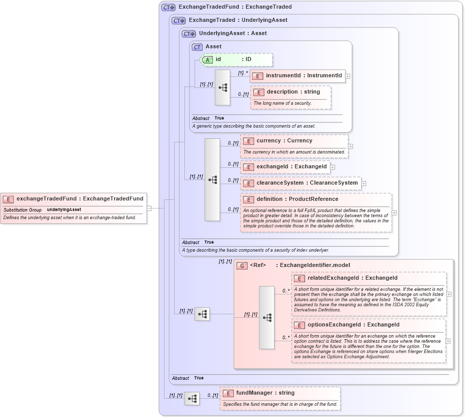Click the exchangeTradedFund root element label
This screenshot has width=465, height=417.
[79, 199]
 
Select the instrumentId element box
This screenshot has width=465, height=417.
[297, 76]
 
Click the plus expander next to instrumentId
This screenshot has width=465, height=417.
[348, 76]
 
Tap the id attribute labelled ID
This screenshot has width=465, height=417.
[237, 59]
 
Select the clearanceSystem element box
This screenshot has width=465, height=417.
[301, 183]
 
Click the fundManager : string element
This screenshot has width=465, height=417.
[265, 393]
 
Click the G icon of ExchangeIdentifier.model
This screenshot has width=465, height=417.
[242, 265]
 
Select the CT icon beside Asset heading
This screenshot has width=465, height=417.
[197, 47]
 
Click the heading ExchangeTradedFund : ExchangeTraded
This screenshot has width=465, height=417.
[235, 7]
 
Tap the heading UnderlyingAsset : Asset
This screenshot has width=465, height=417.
[233, 34]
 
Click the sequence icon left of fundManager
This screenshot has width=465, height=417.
[192, 399]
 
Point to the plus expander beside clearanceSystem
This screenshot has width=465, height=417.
[364, 183]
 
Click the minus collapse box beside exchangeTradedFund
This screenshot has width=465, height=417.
[149, 208]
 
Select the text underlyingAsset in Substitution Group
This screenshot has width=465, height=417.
[64, 210]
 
